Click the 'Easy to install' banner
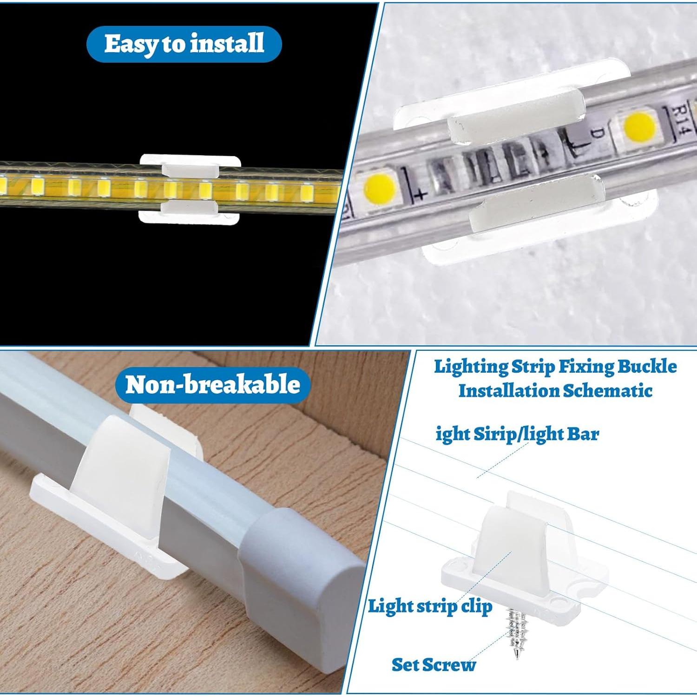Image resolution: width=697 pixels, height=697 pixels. [x=184, y=44]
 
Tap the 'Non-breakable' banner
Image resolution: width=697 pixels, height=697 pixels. [x=212, y=385]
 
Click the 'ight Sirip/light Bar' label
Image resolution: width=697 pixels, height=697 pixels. [x=517, y=434]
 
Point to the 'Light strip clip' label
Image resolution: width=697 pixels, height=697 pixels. [x=430, y=606]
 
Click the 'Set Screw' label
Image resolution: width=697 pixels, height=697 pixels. [x=434, y=664]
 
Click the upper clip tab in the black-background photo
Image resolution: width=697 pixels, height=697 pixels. [x=190, y=170]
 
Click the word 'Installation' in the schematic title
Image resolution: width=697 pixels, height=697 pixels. [x=508, y=390]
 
